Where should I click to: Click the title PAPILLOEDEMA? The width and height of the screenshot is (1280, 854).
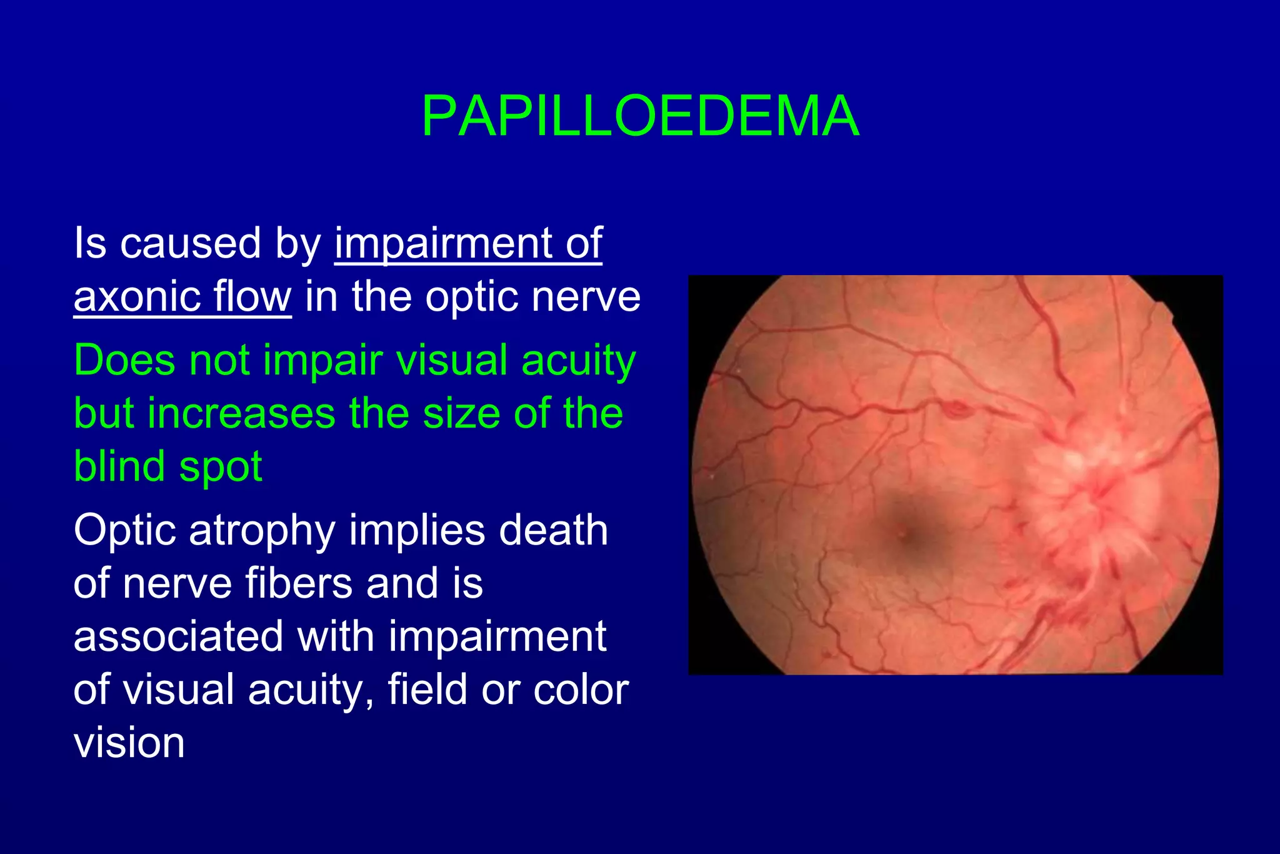[x=640, y=116]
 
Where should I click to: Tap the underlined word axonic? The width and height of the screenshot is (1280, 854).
[x=136, y=296]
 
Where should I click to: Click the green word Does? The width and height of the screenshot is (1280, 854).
[x=125, y=361]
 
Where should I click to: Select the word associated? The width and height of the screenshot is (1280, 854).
[x=178, y=637]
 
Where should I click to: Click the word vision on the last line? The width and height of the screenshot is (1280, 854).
[x=129, y=744]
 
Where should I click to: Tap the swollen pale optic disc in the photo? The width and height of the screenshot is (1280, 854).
[x=1091, y=494]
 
